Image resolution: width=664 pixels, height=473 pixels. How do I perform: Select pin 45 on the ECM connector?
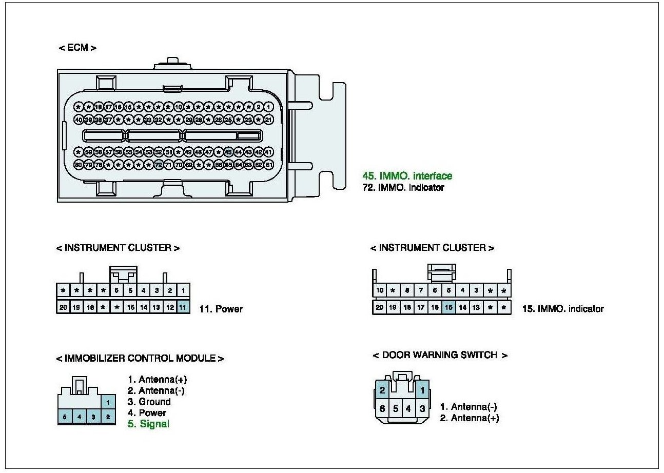229,152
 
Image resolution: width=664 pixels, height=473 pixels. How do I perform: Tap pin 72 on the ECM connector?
159,165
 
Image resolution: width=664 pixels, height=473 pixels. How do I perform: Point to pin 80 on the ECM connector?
79,165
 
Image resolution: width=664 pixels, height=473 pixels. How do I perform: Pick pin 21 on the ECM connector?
269,119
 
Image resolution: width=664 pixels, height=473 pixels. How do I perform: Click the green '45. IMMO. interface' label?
407,176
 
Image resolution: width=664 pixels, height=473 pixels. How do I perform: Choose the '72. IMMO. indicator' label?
403,188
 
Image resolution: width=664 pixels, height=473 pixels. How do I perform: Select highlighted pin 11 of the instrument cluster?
183,307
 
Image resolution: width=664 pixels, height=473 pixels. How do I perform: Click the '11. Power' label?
221,309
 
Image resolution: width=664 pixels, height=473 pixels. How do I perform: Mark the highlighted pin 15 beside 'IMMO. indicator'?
448,307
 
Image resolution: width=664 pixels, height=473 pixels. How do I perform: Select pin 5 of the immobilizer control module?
65,417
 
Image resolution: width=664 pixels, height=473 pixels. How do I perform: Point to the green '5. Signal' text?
148,424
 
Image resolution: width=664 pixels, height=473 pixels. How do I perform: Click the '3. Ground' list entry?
149,402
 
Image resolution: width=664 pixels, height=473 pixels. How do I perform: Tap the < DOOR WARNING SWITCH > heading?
440,355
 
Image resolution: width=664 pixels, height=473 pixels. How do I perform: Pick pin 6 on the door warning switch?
382,409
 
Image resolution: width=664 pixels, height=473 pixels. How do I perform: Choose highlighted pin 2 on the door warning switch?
382,389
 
